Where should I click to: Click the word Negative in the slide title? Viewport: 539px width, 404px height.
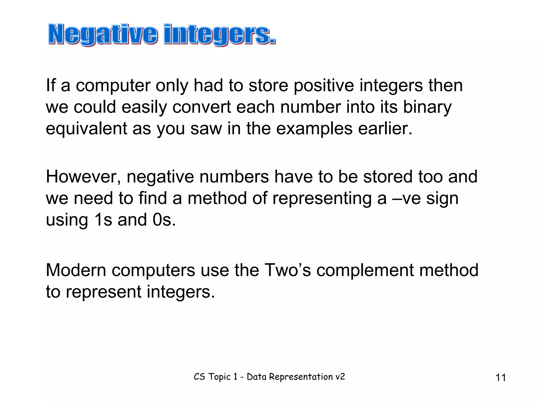tap(103, 34)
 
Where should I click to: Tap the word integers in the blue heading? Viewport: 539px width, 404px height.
tap(219, 34)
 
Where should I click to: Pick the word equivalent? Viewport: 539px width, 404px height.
tap(87, 129)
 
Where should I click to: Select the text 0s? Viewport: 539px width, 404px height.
tap(164, 220)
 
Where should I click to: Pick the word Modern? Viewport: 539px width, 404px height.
tap(76, 270)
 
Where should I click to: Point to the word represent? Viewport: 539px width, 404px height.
tap(103, 292)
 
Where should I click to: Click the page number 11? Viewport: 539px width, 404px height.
tap(501, 378)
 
